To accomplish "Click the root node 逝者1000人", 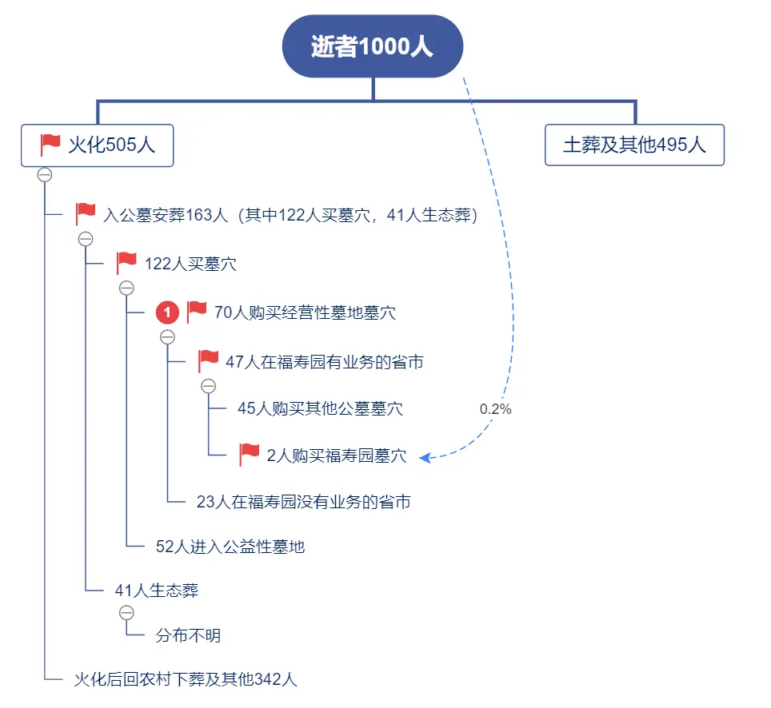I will click(372, 46).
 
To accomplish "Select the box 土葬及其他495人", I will click(634, 145).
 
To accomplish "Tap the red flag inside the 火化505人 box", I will click(51, 145).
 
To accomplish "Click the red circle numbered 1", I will click(166, 312).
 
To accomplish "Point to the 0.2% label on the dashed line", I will click(495, 409).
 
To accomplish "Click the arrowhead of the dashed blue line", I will click(425, 457).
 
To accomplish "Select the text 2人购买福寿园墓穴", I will click(336, 456).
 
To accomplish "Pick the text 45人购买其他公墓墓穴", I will click(320, 409).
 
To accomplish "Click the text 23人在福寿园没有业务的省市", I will click(303, 502).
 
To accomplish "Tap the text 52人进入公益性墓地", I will click(230, 547).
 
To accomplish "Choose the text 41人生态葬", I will click(157, 591).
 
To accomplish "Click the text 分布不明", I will click(188, 636).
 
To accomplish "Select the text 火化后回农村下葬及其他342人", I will click(186, 679).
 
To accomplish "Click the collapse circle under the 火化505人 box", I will click(45, 175).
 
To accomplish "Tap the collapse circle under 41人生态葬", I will click(126, 613).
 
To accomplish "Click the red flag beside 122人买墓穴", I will click(126, 263).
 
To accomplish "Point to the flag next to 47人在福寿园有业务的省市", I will click(209, 361).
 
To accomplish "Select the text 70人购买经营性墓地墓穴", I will click(305, 312).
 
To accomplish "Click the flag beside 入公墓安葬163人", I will click(86, 214).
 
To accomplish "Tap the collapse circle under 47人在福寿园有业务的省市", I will click(208, 386).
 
